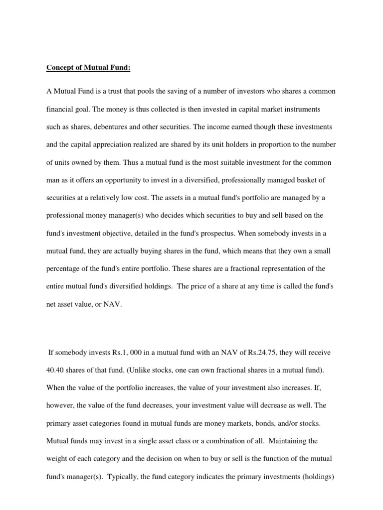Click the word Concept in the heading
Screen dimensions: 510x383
tap(60, 68)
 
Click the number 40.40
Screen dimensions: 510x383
tap(56, 370)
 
